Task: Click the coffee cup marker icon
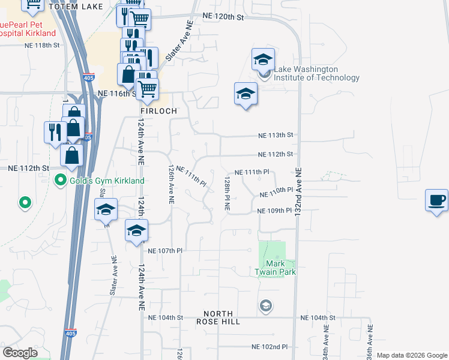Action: (436, 200)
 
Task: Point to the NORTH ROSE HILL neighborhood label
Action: (221, 317)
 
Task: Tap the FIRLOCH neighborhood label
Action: (158, 112)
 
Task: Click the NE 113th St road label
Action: (276, 135)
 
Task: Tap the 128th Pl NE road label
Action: (228, 193)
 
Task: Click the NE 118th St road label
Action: (42, 45)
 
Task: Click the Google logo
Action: (20, 353)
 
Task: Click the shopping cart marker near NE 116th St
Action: (147, 90)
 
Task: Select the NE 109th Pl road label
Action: (274, 211)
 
